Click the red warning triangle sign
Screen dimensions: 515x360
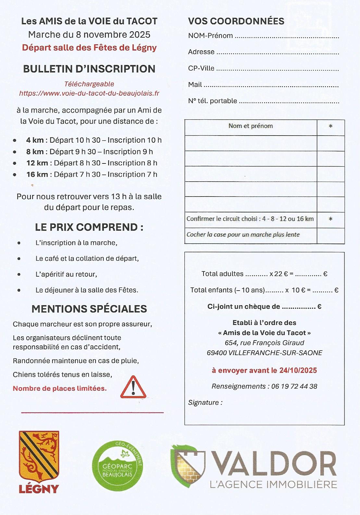133,387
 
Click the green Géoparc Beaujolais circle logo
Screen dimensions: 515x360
117,466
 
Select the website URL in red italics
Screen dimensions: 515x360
89,93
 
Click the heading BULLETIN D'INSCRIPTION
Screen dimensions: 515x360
89,69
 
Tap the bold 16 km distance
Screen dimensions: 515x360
37,174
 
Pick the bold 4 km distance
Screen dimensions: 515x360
35,140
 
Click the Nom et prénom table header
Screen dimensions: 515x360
251,126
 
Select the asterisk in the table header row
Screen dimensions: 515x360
330,126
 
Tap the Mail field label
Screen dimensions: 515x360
195,85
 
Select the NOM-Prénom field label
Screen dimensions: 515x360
210,36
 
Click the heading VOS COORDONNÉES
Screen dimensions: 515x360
236,21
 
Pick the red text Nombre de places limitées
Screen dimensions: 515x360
60,388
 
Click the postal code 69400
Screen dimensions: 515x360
217,353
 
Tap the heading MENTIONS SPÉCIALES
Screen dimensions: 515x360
89,309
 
